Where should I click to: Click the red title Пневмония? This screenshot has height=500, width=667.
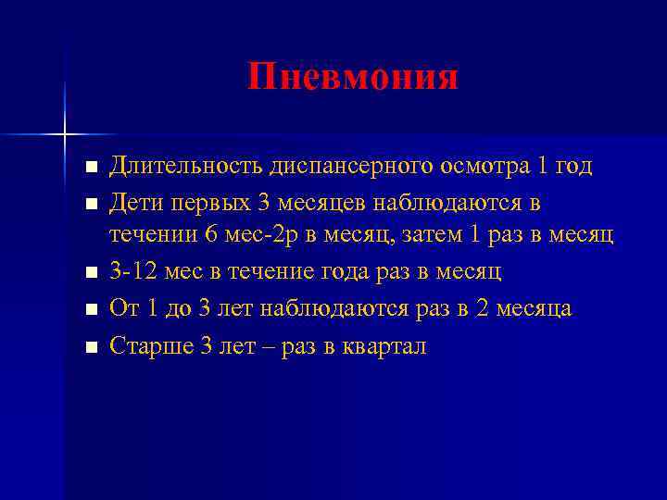(353, 78)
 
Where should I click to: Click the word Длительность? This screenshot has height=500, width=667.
(186, 167)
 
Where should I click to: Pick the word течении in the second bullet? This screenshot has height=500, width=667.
(151, 235)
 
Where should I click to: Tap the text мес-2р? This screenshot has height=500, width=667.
(260, 235)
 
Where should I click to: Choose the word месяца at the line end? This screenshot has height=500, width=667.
(536, 307)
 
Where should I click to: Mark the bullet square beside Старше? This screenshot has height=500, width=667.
(89, 347)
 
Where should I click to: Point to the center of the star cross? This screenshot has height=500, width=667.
(65, 135)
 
